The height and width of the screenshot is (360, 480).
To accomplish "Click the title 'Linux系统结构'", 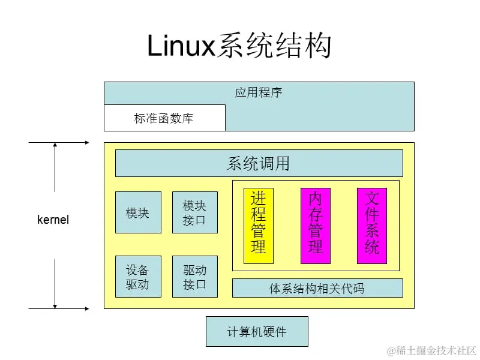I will (x=239, y=46).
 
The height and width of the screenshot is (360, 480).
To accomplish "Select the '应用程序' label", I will (x=259, y=93).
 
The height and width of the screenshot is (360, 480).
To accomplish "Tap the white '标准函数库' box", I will (x=164, y=118).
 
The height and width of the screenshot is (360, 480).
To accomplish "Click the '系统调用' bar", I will (x=259, y=163).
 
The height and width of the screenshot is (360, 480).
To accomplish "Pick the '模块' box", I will (x=138, y=212).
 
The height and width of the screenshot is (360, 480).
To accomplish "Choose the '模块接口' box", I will (x=194, y=212).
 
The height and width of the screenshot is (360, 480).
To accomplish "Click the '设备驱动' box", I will (x=138, y=277).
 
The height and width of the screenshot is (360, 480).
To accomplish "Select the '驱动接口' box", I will (x=194, y=277).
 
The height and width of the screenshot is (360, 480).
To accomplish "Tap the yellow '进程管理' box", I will (x=259, y=226).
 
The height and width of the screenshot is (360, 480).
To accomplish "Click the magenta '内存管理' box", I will (x=316, y=226).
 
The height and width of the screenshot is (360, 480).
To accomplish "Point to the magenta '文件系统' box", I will (x=372, y=226).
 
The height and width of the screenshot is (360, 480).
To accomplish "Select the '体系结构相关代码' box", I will (x=317, y=289).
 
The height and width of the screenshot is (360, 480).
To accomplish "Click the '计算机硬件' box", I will (x=257, y=332).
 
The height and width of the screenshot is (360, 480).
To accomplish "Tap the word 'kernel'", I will (x=53, y=220).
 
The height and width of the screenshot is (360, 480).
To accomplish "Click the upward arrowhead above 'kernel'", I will (x=55, y=146).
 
